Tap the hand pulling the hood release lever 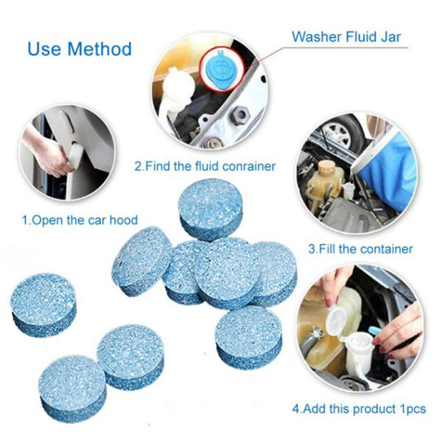point(54,157)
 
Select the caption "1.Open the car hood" point(79,220)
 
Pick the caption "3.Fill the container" point(360,248)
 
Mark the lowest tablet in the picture point(72,387)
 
